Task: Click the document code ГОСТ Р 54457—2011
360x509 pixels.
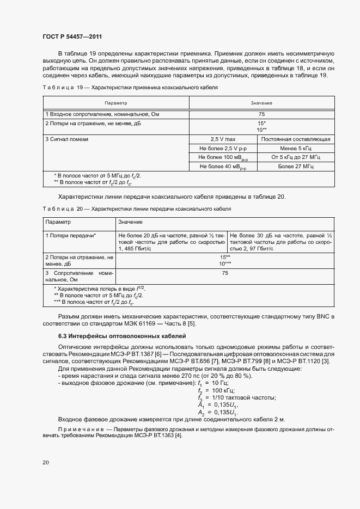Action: pyautogui.click(x=72, y=36)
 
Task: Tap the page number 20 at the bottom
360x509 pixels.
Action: pyautogui.click(x=46, y=462)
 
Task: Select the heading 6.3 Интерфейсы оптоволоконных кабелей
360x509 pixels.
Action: pyautogui.click(x=122, y=336)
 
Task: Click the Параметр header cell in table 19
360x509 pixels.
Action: pyautogui.click(x=115, y=103)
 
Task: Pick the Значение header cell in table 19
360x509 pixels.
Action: pyautogui.click(x=261, y=103)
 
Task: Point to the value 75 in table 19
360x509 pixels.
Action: pyautogui.click(x=261, y=114)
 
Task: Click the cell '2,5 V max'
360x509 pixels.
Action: pyautogui.click(x=223, y=139)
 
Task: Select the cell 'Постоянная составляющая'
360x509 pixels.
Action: pyautogui.click(x=296, y=139)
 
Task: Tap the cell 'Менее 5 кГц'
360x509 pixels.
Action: pyautogui.click(x=296, y=148)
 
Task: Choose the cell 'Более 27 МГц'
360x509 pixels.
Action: pyautogui.click(x=296, y=167)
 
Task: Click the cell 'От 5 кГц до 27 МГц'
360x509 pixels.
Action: pyautogui.click(x=296, y=157)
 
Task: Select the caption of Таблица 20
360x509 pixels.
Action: pyautogui.click(x=137, y=208)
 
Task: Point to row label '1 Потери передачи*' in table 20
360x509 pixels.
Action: pyautogui.click(x=71, y=235)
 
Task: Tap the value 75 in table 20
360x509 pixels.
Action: pyautogui.click(x=224, y=273)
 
